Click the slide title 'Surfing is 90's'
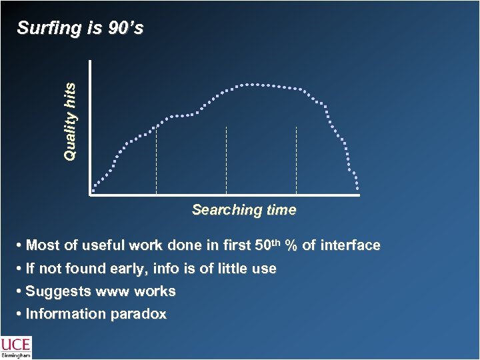(x=79, y=29)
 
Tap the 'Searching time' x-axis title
(x=244, y=210)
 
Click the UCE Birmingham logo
(x=15, y=347)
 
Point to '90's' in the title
(x=123, y=29)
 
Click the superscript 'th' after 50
(x=276, y=243)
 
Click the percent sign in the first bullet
(x=291, y=246)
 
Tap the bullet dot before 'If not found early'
(x=20, y=269)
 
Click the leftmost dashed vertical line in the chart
(x=156, y=160)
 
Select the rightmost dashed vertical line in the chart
(x=296, y=160)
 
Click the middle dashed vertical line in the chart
(x=227, y=160)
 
